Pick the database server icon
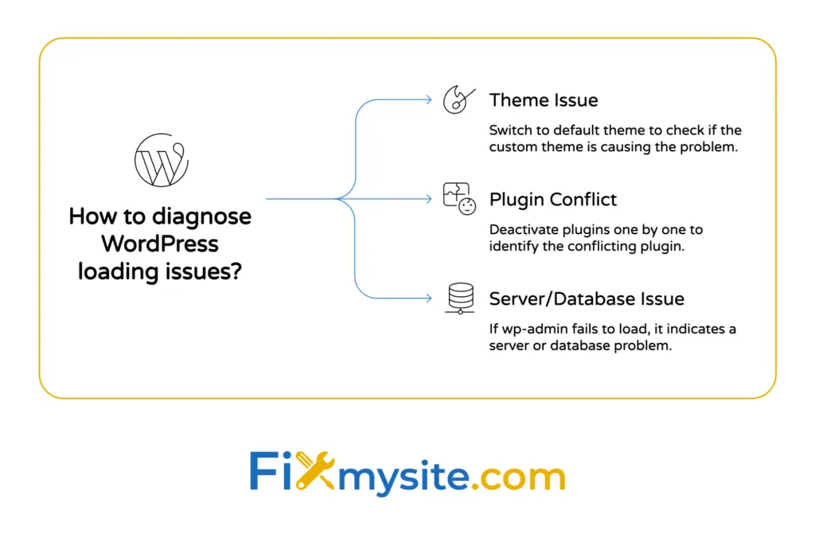click(x=459, y=298)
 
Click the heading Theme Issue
click(x=544, y=100)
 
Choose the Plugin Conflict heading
click(x=553, y=199)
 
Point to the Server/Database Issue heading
click(x=587, y=298)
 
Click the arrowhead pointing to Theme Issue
click(x=427, y=99)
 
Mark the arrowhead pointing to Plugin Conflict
click(x=427, y=199)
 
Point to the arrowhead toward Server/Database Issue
click(x=427, y=298)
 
